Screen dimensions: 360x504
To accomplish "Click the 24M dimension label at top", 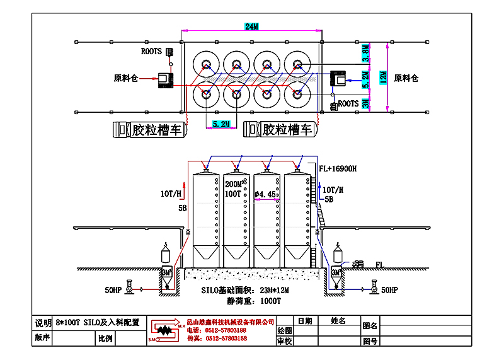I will pyautogui.click(x=252, y=26).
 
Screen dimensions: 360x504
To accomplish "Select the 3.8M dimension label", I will pyautogui.click(x=365, y=52).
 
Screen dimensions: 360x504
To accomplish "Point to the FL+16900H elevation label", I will pyautogui.click(x=338, y=169).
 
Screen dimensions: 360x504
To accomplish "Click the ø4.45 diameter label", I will pyautogui.click(x=266, y=195).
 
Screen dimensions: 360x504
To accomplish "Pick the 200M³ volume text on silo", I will pyautogui.click(x=235, y=183).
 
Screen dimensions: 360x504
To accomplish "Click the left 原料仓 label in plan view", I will pyautogui.click(x=125, y=78).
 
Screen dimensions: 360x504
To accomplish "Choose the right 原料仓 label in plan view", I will pyautogui.click(x=406, y=78).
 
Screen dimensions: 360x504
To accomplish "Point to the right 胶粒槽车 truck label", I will pyautogui.click(x=287, y=130).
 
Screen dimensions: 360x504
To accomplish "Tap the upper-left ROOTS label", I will pyautogui.click(x=151, y=51).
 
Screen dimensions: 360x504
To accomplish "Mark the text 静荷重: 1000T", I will pyautogui.click(x=250, y=301).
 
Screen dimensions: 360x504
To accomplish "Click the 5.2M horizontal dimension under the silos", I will pyautogui.click(x=221, y=125).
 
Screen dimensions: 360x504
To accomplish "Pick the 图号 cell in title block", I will pyautogui.click(x=370, y=341).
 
